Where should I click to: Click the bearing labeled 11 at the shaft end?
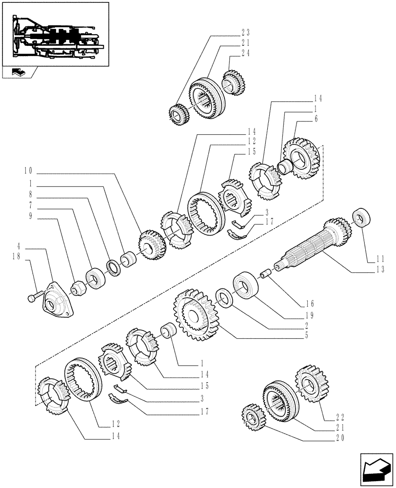[361, 218]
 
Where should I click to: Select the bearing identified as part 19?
[244, 285]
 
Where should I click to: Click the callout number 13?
[380, 269]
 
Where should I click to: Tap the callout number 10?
[27, 171]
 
